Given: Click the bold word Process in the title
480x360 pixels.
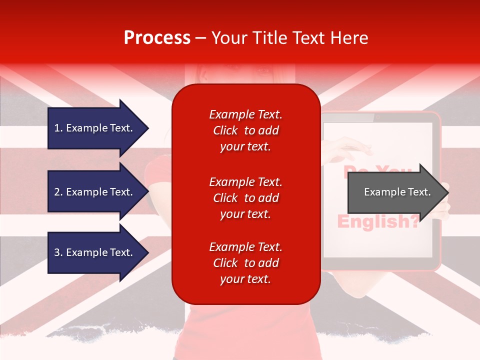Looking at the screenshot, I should tap(157, 38).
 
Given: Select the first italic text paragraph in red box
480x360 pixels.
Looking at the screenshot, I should tap(245, 130).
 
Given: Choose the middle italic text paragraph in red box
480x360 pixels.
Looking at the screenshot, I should tap(245, 198).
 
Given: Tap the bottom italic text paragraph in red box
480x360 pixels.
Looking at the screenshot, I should tap(245, 263).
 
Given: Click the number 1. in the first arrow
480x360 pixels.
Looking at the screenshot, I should tap(58, 128).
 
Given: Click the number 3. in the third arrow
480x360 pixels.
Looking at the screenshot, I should tap(58, 252).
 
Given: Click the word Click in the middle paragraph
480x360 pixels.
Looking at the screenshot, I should tap(225, 198).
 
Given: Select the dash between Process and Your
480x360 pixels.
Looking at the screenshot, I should tap(200, 38).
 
